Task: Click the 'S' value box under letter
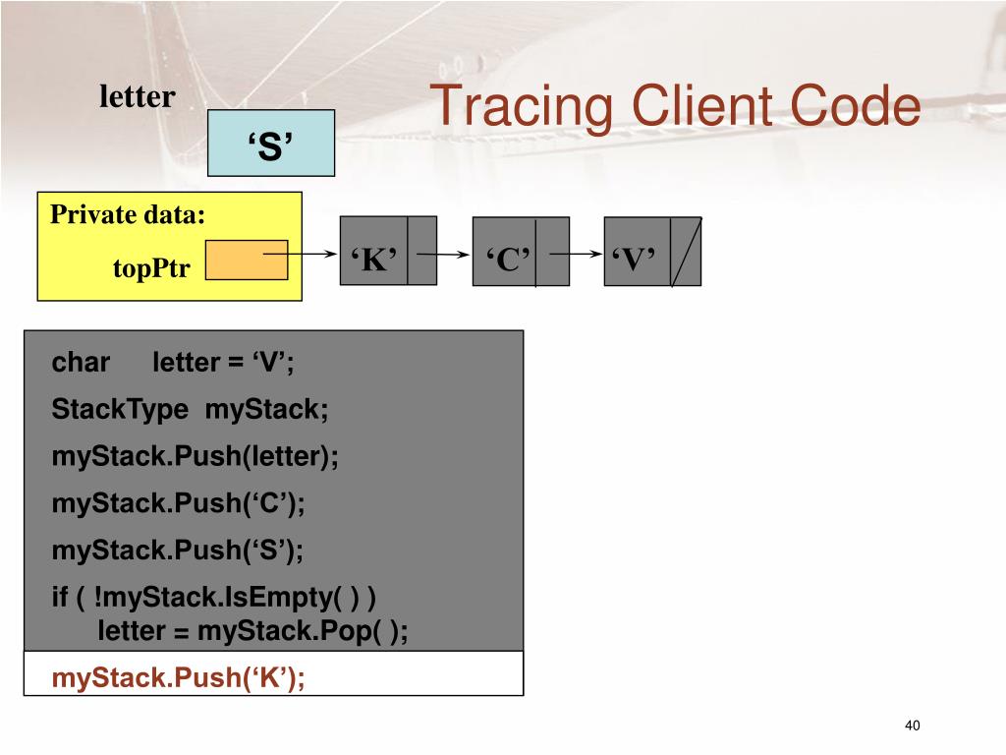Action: coord(271,145)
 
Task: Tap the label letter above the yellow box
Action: coord(138,97)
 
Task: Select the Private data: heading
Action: coord(128,215)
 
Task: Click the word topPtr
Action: coord(151,268)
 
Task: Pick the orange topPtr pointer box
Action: coord(246,260)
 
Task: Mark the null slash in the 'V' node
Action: coord(686,253)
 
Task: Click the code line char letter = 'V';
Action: coord(173,363)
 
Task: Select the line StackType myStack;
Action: coord(191,410)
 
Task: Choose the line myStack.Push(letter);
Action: coord(195,457)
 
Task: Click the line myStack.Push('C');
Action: coord(179,504)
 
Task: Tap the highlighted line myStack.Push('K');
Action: coord(179,678)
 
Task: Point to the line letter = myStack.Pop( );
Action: coord(252,631)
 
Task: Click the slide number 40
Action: coord(913,726)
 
